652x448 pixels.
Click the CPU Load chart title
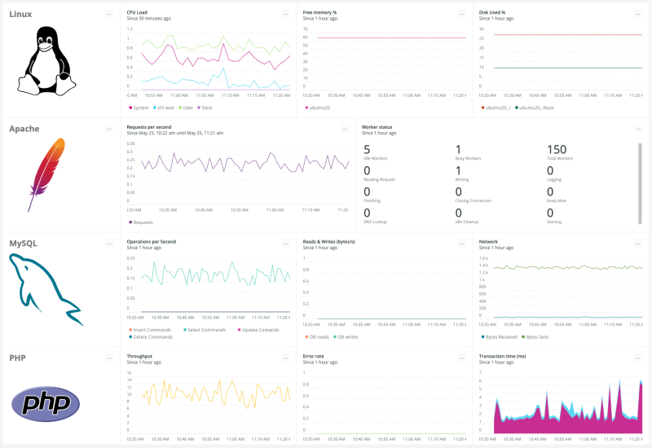[138, 13]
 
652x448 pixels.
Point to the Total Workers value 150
[557, 150]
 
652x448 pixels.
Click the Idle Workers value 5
[367, 150]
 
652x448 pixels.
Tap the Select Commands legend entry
[205, 329]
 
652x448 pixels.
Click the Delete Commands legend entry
[152, 336]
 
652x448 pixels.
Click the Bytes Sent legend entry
[538, 336]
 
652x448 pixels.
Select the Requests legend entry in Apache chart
[142, 222]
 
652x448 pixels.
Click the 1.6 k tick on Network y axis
[482, 258]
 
